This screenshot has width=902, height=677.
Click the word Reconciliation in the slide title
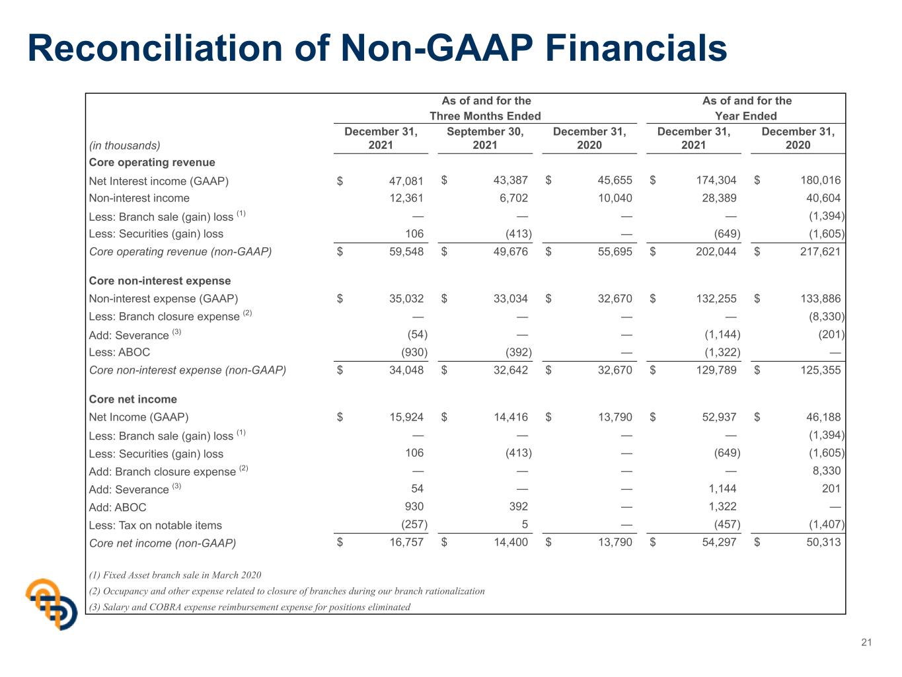(x=155, y=48)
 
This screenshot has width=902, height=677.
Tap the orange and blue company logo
(x=52, y=604)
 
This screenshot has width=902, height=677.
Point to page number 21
(x=866, y=643)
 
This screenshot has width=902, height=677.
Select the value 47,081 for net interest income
(x=406, y=180)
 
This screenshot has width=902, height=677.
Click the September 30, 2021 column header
(x=485, y=138)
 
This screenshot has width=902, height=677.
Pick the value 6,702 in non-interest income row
(x=513, y=198)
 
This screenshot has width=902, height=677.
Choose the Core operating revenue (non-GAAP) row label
(x=180, y=252)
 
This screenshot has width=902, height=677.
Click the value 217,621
(x=820, y=252)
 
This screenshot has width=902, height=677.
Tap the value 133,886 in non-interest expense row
(x=820, y=298)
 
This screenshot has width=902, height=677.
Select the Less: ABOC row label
(x=120, y=352)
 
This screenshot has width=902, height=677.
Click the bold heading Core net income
(x=133, y=399)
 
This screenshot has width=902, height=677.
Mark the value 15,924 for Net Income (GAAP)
(x=406, y=417)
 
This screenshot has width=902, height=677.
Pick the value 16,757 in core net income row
(x=406, y=542)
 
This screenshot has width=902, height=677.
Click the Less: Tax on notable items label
(x=155, y=526)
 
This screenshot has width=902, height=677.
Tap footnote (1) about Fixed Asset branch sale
(x=175, y=575)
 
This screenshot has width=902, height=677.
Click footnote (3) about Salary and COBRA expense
(x=250, y=607)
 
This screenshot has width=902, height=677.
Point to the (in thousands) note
(x=124, y=145)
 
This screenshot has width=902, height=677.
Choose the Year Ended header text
(x=745, y=116)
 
